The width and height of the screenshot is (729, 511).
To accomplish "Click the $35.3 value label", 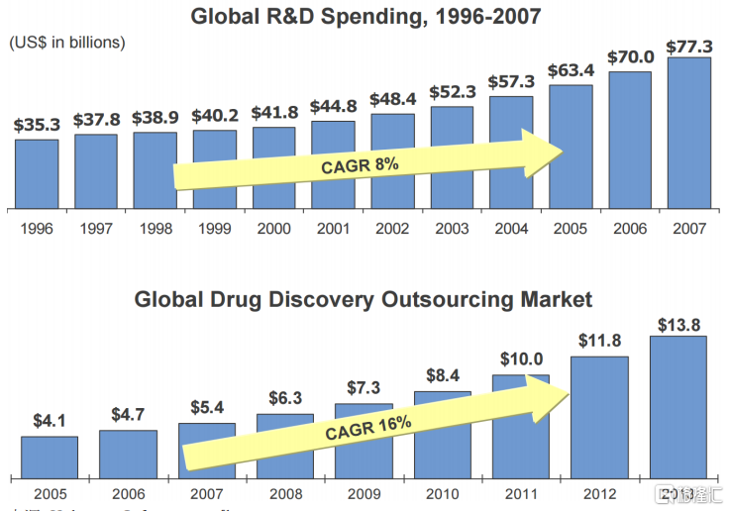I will point(37,125).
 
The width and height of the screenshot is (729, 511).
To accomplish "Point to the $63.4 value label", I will point(571,70).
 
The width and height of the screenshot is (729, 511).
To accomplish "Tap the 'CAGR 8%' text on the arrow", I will point(359,165).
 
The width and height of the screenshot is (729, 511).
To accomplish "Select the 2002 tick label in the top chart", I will point(392,229).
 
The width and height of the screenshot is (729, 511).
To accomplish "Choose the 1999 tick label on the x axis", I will point(214,229).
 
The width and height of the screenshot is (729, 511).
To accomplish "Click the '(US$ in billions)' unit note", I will point(67,43).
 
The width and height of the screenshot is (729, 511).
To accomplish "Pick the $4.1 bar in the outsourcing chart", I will point(50,457).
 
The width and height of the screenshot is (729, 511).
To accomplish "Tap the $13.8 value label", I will point(677,324).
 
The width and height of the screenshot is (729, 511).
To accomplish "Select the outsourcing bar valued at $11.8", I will point(600,417).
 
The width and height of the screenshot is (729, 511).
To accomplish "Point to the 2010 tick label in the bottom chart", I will point(442,492).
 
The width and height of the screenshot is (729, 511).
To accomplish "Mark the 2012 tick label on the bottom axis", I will point(600,492).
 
